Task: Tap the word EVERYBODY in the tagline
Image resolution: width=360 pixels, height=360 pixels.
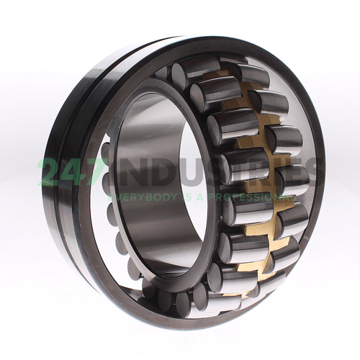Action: click(x=143, y=197)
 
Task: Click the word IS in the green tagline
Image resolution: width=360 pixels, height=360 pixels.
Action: click(x=189, y=197)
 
